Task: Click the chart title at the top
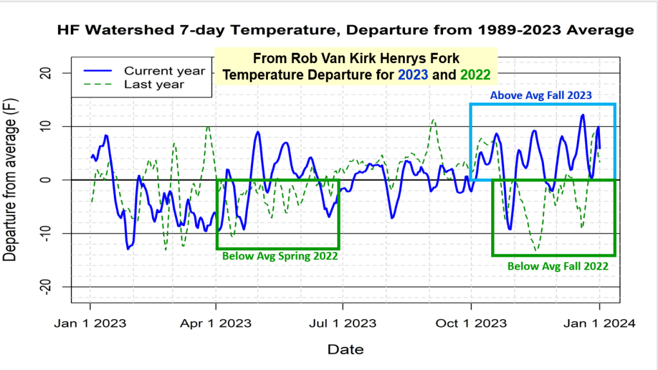(x=345, y=30)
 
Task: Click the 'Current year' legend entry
(x=164, y=70)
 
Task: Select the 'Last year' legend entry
(x=154, y=84)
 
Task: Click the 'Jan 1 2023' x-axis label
(x=90, y=324)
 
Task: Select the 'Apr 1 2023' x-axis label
(x=216, y=324)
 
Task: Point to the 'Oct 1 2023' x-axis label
(x=471, y=324)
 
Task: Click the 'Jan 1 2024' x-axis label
(x=599, y=324)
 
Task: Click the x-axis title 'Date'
(x=345, y=349)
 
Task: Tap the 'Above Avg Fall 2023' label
(x=541, y=95)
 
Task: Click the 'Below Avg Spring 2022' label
(x=280, y=256)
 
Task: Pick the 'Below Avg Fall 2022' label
(x=558, y=265)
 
